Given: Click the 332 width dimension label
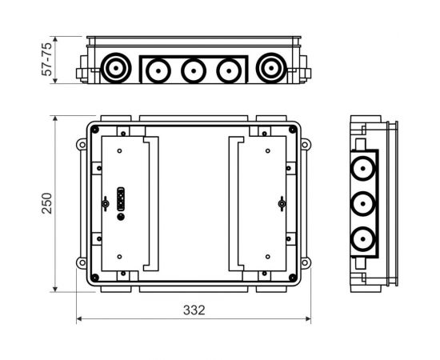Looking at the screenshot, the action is coord(194,310).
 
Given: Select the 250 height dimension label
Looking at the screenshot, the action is coord(47,203).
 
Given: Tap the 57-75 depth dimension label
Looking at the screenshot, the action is coord(46,59).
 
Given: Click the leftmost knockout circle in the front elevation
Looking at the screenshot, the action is coord(116,68).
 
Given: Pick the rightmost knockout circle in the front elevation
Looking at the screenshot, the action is coord(271,68).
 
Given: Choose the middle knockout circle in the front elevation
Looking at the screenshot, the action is coord(194,70).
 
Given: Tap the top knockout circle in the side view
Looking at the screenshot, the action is coord(363,168).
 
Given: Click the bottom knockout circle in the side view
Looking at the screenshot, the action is coord(363,239).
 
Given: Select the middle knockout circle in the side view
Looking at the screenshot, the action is coord(363,204).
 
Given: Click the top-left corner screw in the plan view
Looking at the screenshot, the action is coord(95,130).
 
